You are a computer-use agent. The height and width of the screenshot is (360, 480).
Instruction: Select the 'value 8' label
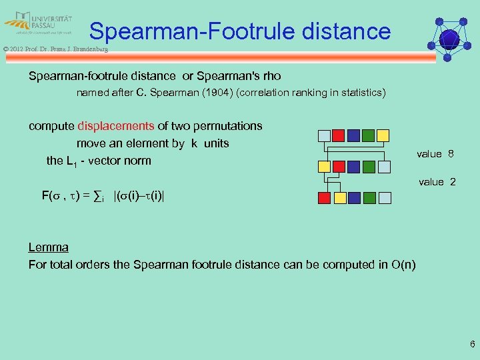tap(435, 154)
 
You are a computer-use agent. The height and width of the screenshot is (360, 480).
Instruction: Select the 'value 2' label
tap(437, 181)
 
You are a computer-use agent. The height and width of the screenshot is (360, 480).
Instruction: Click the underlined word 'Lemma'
tap(48, 247)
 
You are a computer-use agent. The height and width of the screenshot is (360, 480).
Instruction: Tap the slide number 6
tap(472, 345)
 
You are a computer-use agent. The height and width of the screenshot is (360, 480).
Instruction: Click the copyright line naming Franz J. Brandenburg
tap(55, 49)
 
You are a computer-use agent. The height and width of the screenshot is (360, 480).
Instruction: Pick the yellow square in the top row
tap(383, 135)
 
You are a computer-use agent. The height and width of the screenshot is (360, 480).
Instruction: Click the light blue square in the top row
tap(324, 135)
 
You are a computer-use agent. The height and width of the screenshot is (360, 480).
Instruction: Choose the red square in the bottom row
tap(324, 197)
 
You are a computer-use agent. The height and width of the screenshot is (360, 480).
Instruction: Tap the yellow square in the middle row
tap(324, 166)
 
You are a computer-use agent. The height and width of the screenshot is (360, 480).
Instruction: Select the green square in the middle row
tap(368, 166)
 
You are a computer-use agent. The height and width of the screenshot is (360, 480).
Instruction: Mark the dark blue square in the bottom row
tap(353, 197)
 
